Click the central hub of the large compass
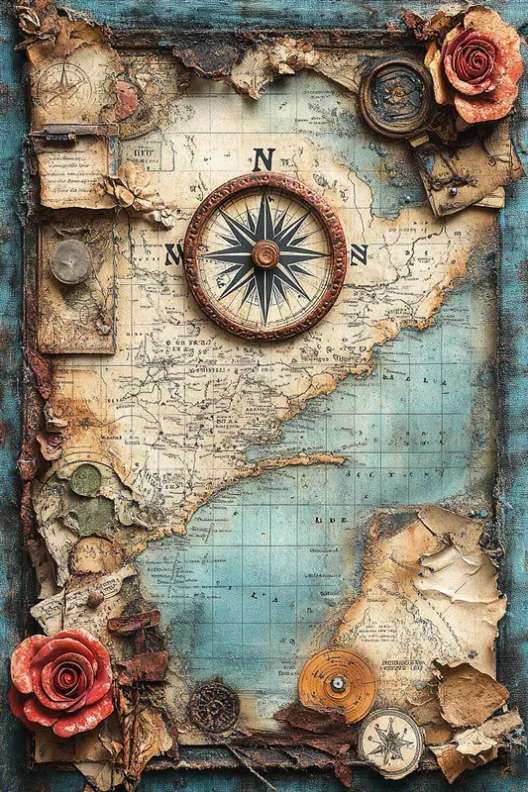coord(264,254)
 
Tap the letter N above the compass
coord(263,159)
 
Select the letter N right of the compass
coord(358,254)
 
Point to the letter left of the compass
coord(173,254)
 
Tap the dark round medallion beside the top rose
coord(395,96)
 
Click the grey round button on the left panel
coord(70,261)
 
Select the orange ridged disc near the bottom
coord(338,684)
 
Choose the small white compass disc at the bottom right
coord(390,742)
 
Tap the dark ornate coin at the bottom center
coord(214,707)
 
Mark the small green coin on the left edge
coord(86,480)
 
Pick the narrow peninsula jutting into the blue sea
coord(297,461)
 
